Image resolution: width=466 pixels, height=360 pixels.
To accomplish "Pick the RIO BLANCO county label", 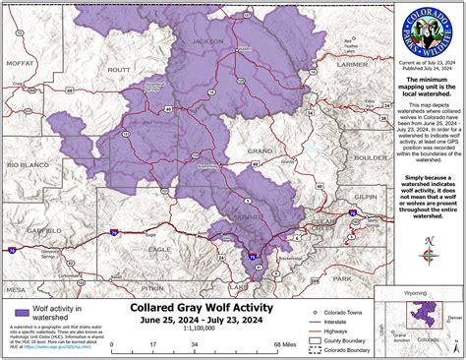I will pos(28,165).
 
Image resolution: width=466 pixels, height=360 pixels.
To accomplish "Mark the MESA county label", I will pos(16,290).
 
